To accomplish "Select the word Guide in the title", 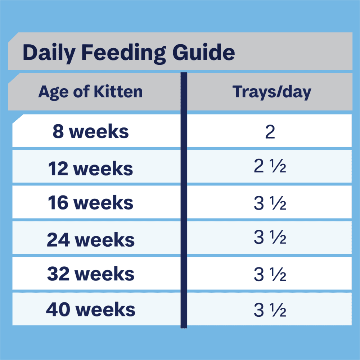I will point(204,53).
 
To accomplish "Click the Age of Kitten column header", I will point(90,92).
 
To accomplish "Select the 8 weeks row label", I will point(90,132).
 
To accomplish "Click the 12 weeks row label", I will point(90,168).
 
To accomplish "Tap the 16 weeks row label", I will point(90,203).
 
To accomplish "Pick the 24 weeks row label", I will point(90,239).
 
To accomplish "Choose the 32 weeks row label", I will point(90,274).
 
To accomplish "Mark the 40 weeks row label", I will point(90,310).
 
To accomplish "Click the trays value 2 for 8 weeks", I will point(270,132).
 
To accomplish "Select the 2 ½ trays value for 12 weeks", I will point(270,168).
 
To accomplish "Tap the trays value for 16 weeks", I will point(270,203).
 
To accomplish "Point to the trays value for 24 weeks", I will point(270,239).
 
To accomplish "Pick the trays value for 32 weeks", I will point(270,274).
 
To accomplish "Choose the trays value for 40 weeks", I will point(270,310).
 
